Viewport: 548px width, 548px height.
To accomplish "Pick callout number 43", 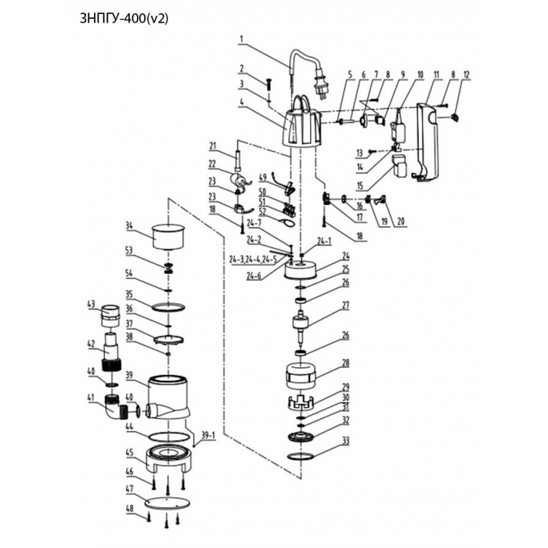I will click(91, 305).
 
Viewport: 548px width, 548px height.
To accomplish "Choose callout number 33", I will click(346, 440).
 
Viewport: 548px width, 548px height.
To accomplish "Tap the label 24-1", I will click(324, 241).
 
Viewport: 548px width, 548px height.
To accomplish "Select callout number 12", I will click(467, 74).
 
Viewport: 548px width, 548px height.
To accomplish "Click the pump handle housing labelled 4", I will click(301, 125).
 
